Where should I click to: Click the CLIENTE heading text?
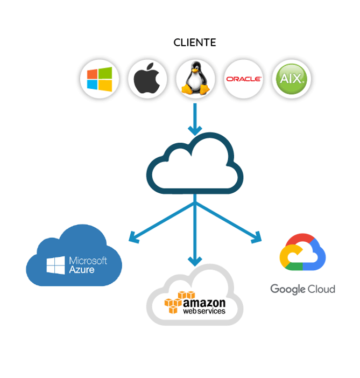tap(195, 43)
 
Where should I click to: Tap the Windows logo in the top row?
tap(100, 79)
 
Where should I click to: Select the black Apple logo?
tap(147, 78)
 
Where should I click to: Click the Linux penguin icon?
tap(195, 78)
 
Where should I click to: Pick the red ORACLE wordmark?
tap(244, 79)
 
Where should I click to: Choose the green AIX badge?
tap(292, 79)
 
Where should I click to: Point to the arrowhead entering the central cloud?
tap(195, 131)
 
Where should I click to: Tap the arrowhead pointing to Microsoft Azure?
tap(134, 237)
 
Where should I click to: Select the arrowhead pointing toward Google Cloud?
tap(256, 237)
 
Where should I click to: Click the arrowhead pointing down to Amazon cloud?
tap(195, 262)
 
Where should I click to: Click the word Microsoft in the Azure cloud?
tap(88, 261)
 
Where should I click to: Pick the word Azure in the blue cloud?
tap(82, 270)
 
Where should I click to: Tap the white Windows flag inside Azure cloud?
tap(55, 265)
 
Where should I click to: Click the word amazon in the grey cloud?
tap(204, 303)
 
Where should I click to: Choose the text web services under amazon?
tap(204, 311)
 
